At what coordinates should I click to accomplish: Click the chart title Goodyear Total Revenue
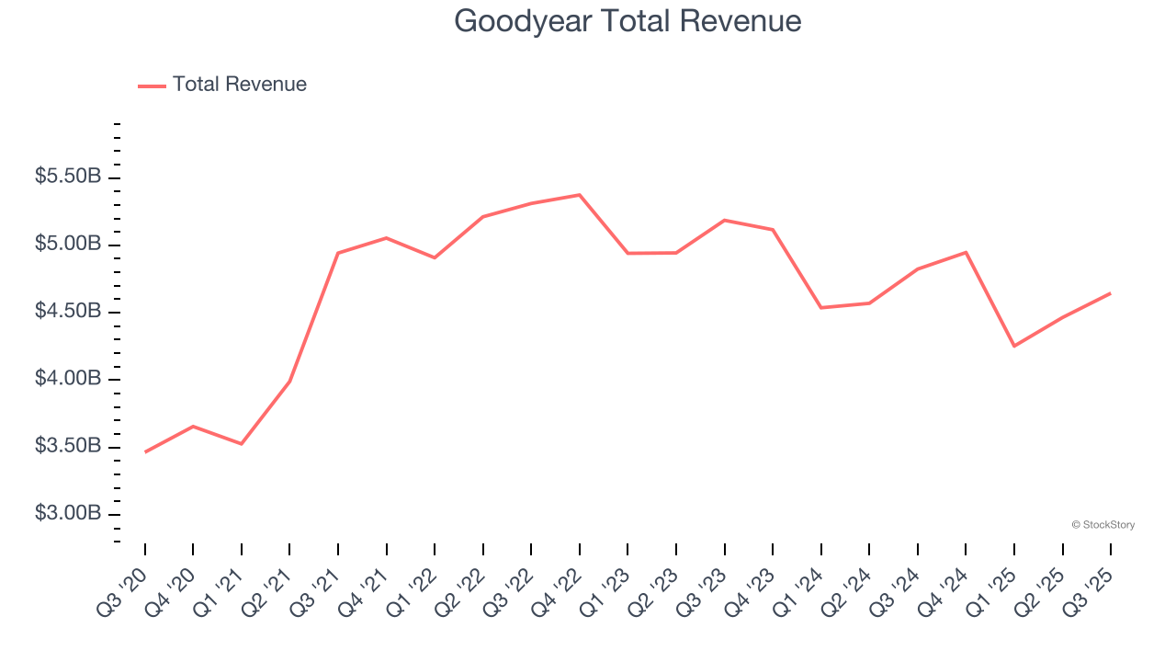(628, 21)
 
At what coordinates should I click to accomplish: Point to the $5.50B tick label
(68, 177)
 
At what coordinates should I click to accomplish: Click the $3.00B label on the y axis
(68, 513)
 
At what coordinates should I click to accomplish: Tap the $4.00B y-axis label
(68, 379)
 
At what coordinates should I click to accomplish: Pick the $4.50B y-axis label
(68, 312)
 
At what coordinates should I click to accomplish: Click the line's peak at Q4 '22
(580, 195)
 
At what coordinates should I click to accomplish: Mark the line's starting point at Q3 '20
(145, 452)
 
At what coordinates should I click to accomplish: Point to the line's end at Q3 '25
(1111, 293)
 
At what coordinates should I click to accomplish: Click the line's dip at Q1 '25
(1014, 347)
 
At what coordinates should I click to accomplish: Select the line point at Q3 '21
(338, 253)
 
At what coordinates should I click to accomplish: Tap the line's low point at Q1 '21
(242, 444)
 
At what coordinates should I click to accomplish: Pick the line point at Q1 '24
(821, 307)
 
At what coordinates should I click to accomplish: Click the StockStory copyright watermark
(1102, 525)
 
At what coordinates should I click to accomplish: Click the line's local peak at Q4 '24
(966, 252)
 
